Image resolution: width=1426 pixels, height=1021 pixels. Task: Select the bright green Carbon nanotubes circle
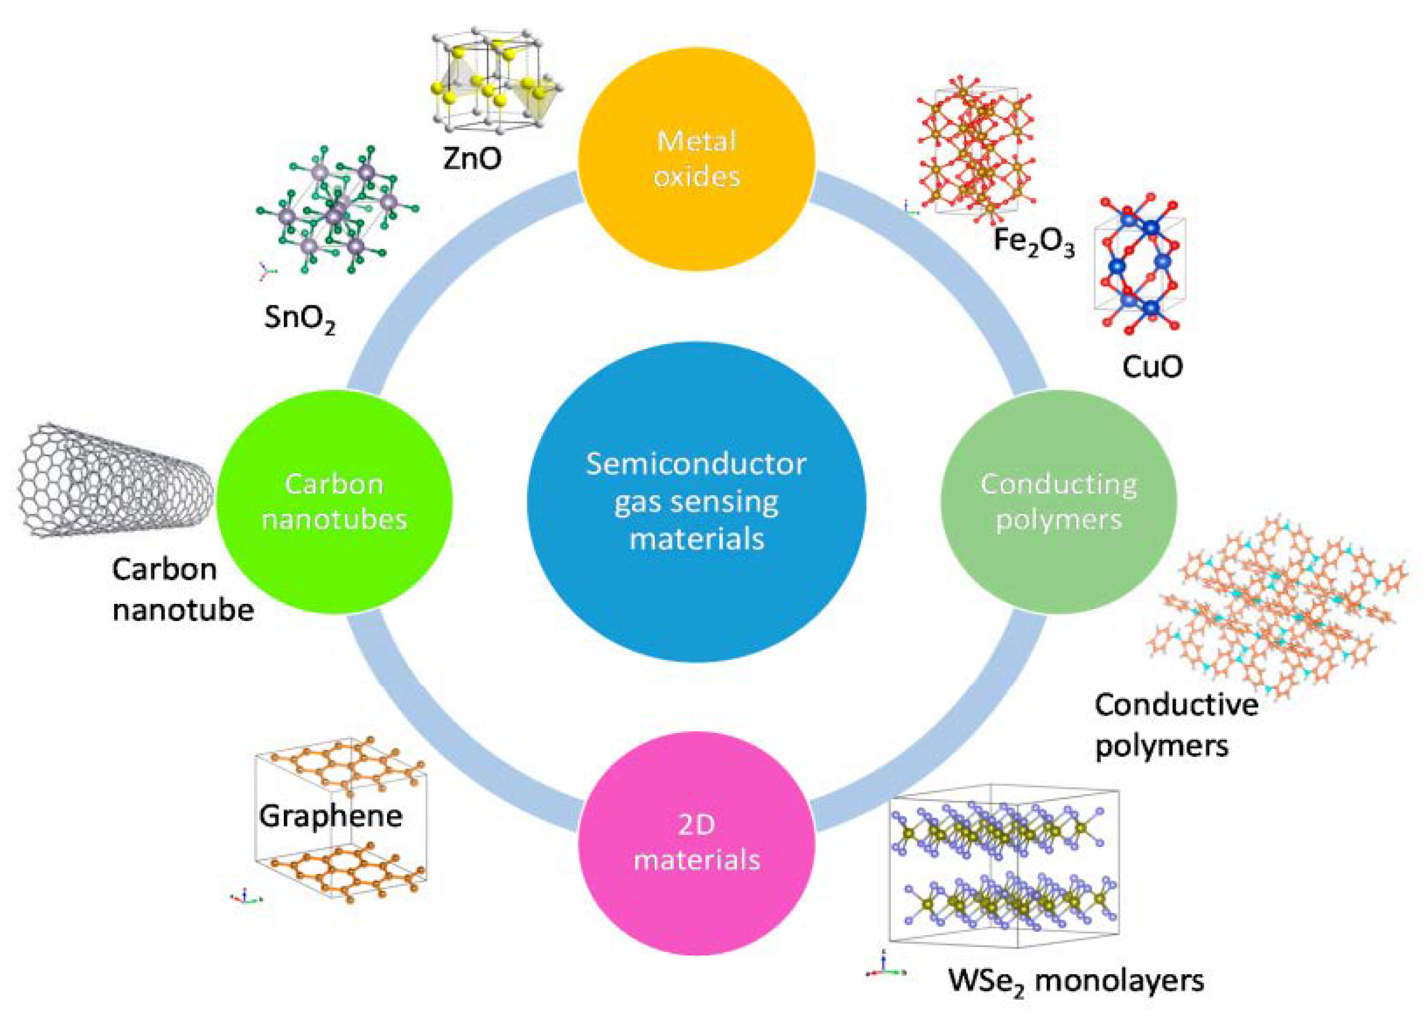[334, 502]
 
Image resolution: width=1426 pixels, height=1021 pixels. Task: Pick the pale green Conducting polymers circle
[1058, 502]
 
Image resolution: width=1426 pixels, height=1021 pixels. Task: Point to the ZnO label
[472, 158]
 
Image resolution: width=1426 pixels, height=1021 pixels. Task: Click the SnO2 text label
[299, 318]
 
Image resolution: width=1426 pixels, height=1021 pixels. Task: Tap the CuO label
[1152, 366]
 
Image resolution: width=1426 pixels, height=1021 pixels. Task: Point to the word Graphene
[331, 816]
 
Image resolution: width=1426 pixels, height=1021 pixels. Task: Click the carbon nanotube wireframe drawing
[113, 481]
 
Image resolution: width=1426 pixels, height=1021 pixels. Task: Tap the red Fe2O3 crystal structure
[974, 151]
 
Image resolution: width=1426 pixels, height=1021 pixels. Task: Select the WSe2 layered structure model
[1005, 868]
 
